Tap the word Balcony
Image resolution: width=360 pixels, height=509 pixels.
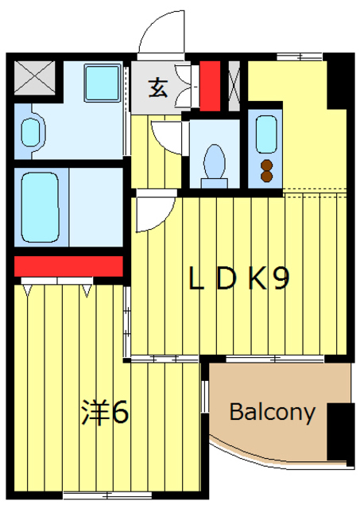pyautogui.click(x=273, y=413)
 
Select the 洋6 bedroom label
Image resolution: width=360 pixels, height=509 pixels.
pyautogui.click(x=104, y=413)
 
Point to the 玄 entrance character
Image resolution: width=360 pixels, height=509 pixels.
pyautogui.click(x=159, y=88)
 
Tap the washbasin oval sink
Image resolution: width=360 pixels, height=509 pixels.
pyautogui.click(x=31, y=132)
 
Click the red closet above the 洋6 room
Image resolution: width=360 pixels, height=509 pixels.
pyautogui.click(x=68, y=266)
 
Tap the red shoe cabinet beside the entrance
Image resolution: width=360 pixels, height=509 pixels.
pyautogui.click(x=209, y=85)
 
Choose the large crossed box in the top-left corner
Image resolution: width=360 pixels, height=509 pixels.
pyautogui.click(x=33, y=79)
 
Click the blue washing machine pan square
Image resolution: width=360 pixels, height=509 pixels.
pyautogui.click(x=100, y=80)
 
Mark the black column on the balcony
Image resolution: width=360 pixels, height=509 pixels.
pyautogui.click(x=340, y=433)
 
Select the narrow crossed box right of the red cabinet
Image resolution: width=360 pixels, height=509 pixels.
pyautogui.click(x=234, y=85)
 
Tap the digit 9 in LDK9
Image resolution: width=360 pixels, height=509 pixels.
pyautogui.click(x=278, y=279)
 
